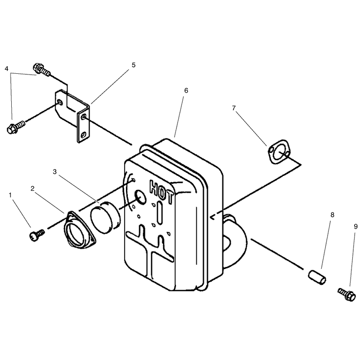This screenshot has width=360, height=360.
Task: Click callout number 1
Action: click(10, 195)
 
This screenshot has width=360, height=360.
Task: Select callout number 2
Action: click(32, 189)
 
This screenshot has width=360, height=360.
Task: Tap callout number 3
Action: click(54, 172)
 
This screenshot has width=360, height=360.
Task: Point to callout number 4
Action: click(6, 69)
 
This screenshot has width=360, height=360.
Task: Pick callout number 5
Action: click(134, 65)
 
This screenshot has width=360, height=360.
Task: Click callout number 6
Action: click(186, 90)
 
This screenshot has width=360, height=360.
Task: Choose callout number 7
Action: click(234, 108)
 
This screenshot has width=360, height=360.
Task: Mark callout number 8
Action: click(332, 215)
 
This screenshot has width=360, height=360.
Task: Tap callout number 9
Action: click(355, 227)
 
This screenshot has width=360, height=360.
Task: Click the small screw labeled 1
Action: click(37, 235)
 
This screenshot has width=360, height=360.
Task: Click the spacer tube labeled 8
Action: click(317, 277)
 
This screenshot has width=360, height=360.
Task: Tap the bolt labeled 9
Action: click(347, 294)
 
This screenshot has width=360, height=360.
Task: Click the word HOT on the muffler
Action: click(162, 192)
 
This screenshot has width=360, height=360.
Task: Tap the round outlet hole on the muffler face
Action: click(140, 197)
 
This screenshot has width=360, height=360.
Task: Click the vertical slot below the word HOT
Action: click(160, 213)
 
